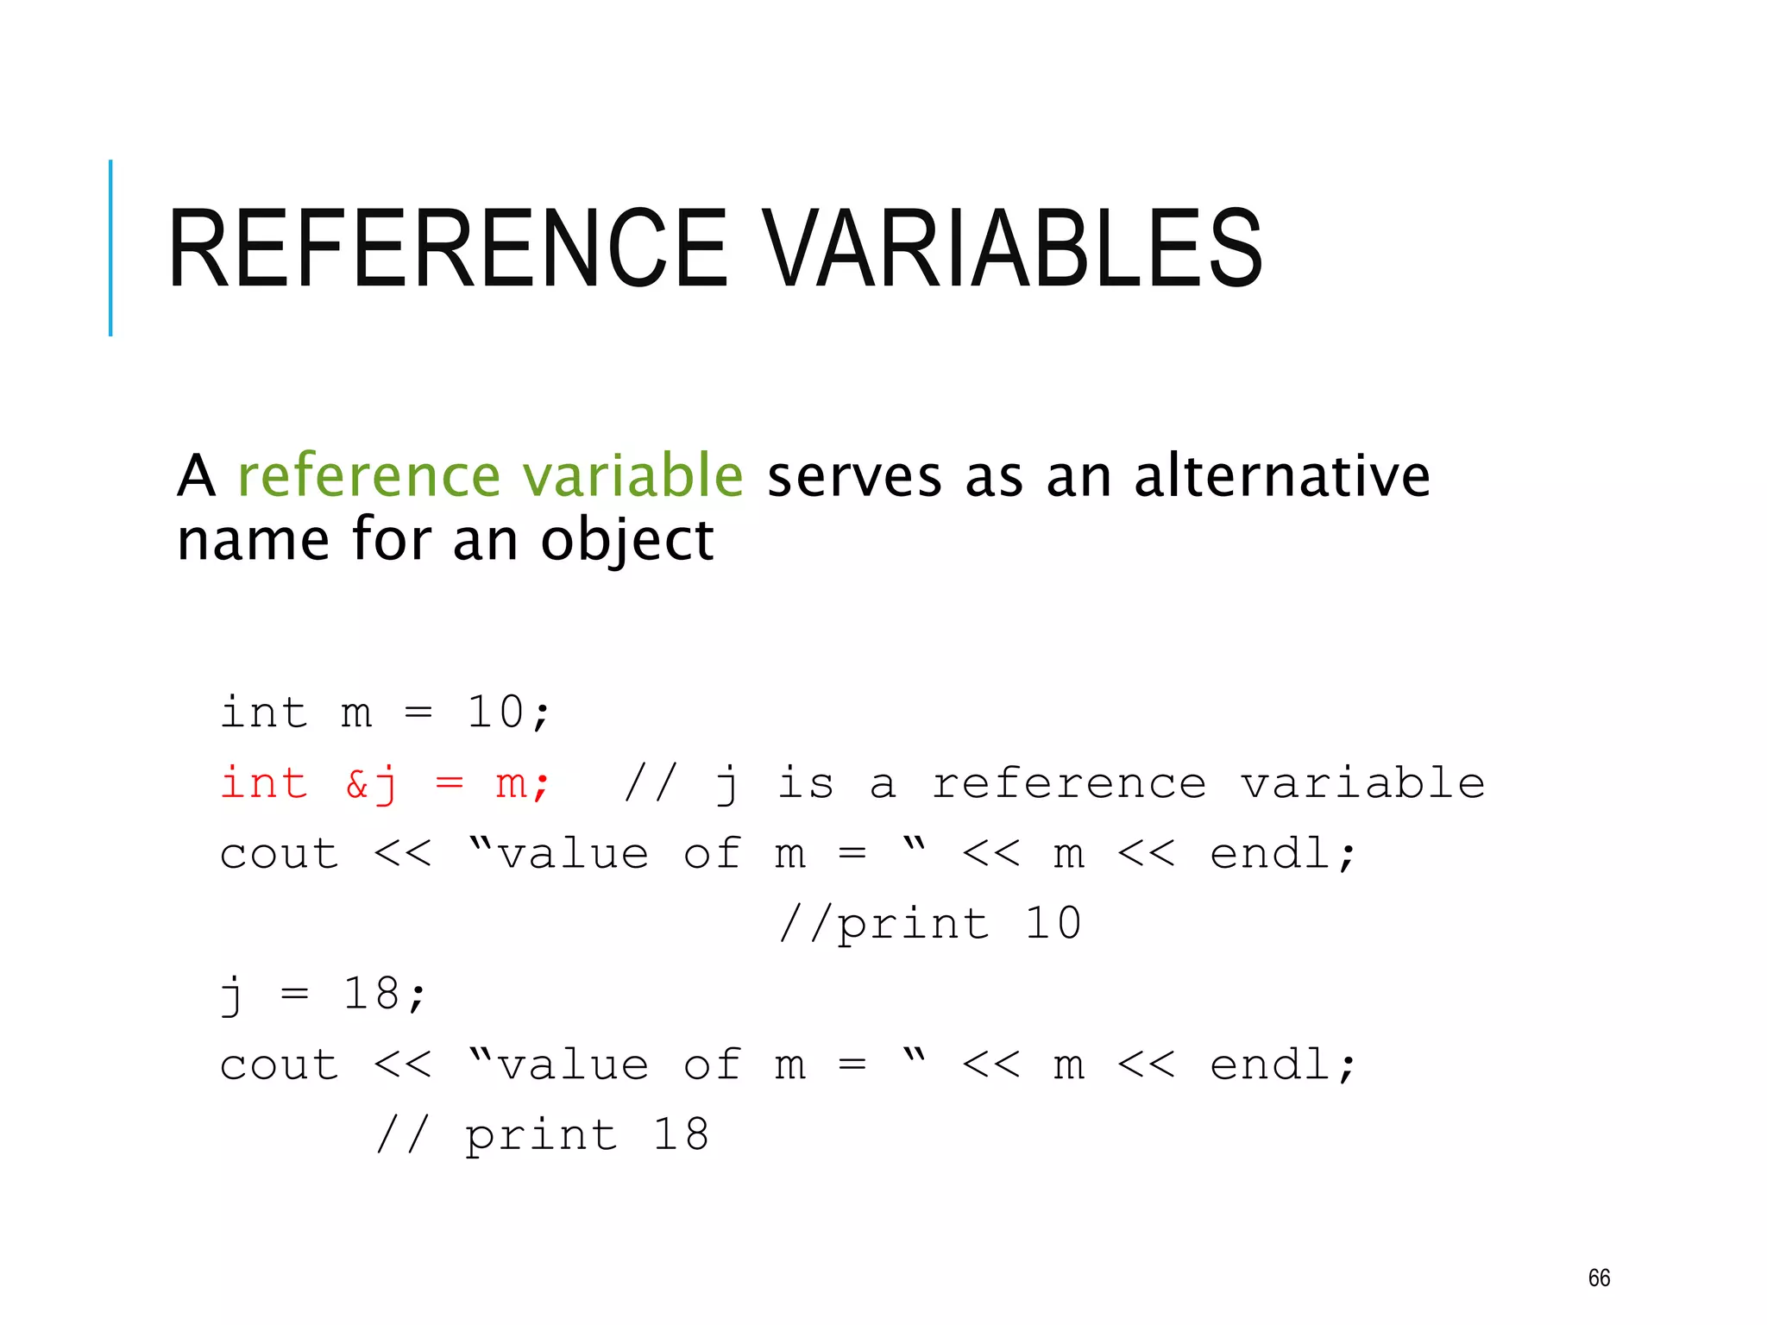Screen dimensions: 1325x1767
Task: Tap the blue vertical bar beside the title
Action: click(x=110, y=248)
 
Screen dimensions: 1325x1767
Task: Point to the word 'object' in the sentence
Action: click(x=627, y=542)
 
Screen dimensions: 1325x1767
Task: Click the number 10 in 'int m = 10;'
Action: click(x=495, y=713)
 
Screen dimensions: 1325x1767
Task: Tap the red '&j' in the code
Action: click(x=371, y=784)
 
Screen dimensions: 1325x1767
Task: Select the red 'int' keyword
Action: click(x=264, y=783)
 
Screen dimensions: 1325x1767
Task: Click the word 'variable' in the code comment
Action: click(x=1362, y=783)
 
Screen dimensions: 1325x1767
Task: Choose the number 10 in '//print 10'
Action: click(x=1053, y=924)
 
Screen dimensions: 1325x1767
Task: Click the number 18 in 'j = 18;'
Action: click(x=372, y=994)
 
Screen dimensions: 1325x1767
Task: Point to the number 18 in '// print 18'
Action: click(x=681, y=1134)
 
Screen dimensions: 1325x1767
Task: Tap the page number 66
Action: click(x=1599, y=1278)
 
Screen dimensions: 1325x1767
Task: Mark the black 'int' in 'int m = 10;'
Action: click(x=264, y=713)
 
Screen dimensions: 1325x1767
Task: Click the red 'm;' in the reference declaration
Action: click(x=522, y=784)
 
